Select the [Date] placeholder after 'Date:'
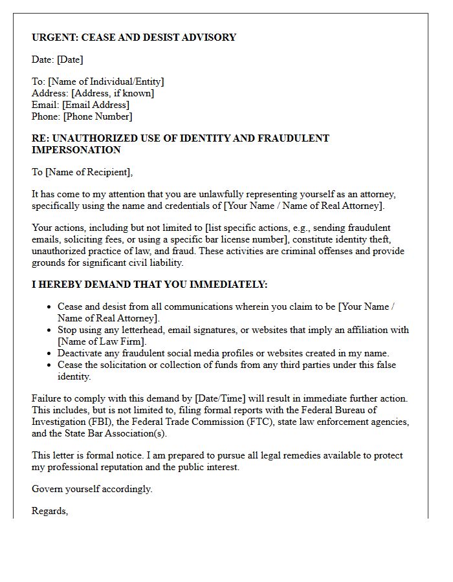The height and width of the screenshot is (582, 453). click(70, 59)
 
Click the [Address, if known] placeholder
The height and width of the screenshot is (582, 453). click(113, 93)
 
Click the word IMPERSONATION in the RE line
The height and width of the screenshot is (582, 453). click(76, 150)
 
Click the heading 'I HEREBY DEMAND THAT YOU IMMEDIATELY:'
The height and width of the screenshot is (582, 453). click(149, 285)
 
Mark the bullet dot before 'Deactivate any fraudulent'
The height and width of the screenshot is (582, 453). click(49, 353)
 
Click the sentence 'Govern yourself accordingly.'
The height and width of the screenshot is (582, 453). click(92, 489)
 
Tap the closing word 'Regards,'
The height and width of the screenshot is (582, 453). click(50, 511)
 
